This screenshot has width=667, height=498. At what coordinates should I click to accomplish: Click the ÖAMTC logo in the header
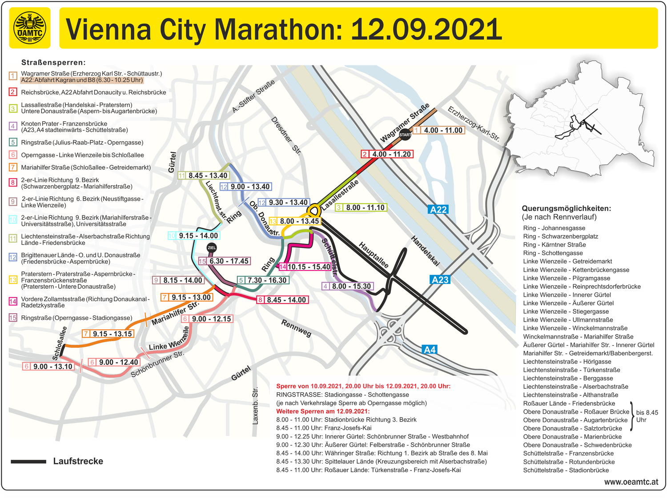pos(30,28)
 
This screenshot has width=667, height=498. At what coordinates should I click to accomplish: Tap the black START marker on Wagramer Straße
pos(405,134)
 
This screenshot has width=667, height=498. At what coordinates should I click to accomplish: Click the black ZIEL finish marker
pos(212,247)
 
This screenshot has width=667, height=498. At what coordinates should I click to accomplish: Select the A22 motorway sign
pos(438,210)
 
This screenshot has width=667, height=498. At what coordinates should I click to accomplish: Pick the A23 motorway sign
pos(440,279)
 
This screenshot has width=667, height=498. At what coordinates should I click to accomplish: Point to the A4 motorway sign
pos(430,350)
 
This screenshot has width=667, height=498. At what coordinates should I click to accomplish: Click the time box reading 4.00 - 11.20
pos(387,154)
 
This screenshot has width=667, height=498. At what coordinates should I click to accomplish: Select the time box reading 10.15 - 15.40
pos(305,267)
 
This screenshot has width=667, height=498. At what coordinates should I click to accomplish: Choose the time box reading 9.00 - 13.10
pos(48,367)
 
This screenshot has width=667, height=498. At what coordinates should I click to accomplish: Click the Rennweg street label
pos(296,328)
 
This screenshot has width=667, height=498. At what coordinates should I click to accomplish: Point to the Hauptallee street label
pos(374,255)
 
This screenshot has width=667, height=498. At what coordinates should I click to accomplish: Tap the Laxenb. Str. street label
pos(255,406)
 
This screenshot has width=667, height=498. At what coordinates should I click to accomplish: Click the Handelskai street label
pos(425,251)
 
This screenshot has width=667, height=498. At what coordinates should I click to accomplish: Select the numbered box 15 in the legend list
pos(13,318)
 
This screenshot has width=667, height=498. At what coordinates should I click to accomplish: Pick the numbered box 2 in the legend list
pos(13,92)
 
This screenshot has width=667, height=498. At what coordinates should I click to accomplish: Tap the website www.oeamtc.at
pos(631,482)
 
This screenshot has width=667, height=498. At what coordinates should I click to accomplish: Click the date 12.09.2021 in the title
pos(426,29)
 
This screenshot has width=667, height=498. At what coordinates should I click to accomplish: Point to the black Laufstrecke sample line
pos(28,462)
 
